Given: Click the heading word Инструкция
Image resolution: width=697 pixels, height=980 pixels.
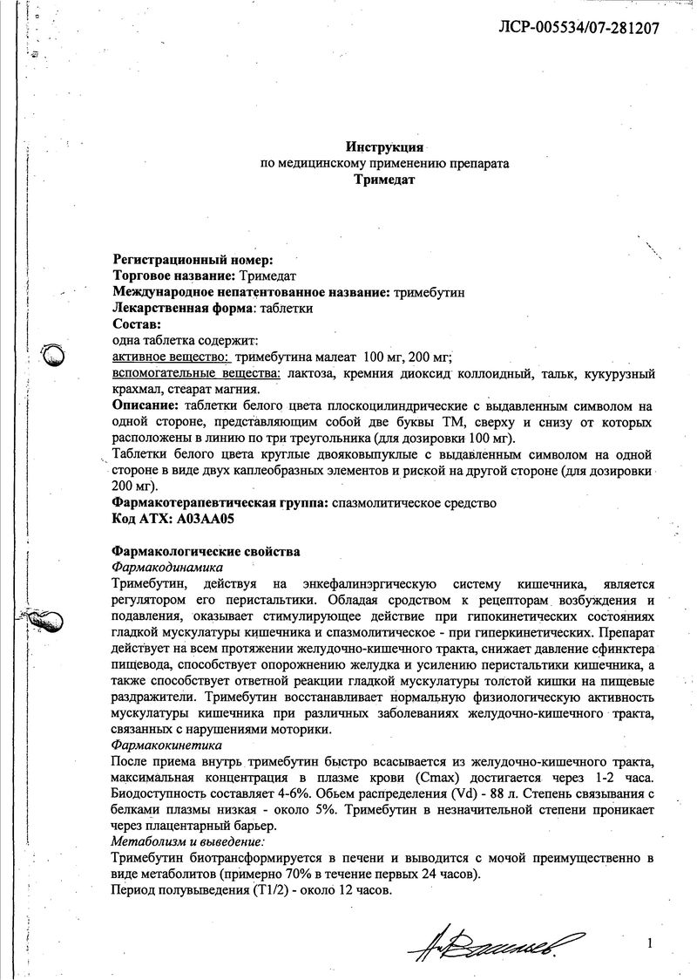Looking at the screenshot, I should [384, 146].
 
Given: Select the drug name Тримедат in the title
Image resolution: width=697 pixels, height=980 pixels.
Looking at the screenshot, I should [384, 180].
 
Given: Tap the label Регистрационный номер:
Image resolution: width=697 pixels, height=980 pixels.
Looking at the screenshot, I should [193, 259].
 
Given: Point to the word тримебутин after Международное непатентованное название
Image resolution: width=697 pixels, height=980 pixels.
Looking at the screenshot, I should [429, 291].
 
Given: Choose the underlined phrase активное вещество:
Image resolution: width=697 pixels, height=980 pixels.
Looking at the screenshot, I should [171, 357].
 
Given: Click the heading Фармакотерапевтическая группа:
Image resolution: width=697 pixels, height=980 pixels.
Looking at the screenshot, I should [219, 503].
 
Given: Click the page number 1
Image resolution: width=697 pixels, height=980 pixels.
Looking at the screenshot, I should [650, 942].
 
